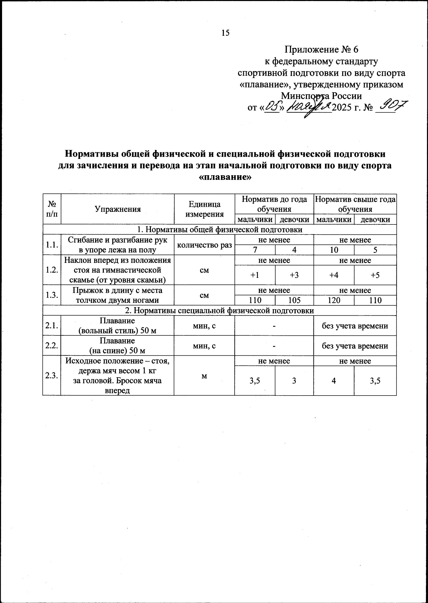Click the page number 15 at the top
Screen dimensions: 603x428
click(226, 33)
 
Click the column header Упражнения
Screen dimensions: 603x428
click(117, 209)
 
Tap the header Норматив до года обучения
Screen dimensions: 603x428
click(274, 204)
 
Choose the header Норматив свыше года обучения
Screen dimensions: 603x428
click(355, 204)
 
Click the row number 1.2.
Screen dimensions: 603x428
click(52, 270)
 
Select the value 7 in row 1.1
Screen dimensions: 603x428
click(255, 250)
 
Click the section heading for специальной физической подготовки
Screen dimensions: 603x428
click(219, 311)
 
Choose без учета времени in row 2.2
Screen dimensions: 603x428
click(355, 346)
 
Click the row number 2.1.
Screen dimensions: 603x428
click(52, 326)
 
